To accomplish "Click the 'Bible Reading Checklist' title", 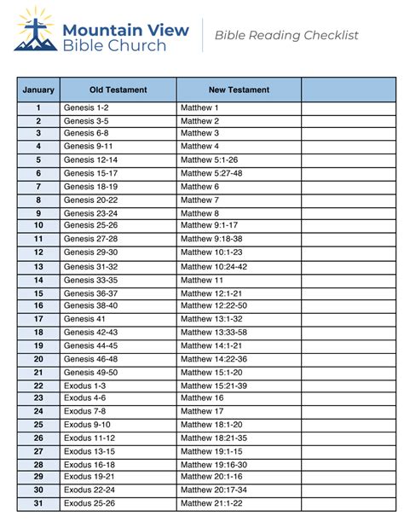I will click(x=286, y=35).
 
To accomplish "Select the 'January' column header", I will click(x=38, y=90).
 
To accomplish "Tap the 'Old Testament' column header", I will click(x=118, y=90).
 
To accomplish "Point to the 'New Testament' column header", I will click(x=239, y=90).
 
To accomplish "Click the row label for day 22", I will click(x=38, y=385).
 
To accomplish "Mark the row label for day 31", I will click(x=38, y=503).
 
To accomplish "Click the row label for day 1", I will click(x=38, y=108).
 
